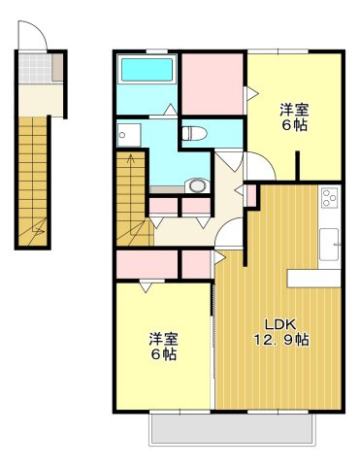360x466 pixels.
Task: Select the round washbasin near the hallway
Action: click(198, 183)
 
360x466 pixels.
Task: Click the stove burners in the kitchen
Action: click(328, 196)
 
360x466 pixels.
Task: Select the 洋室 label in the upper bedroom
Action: click(295, 109)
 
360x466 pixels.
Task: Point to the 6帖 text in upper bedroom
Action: click(295, 126)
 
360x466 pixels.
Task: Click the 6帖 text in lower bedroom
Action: click(163, 356)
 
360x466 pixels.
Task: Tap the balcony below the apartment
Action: click(231, 428)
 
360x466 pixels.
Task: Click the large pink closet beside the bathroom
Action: click(211, 83)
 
